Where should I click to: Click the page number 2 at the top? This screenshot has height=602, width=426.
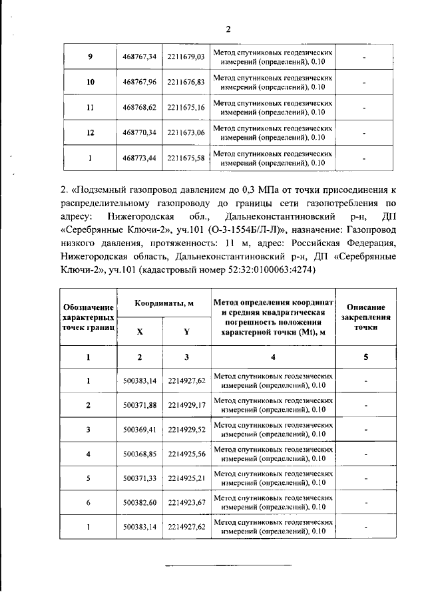tap(228, 29)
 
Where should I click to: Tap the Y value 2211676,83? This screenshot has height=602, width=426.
tap(186, 82)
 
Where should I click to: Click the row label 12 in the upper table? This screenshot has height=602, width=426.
tap(90, 133)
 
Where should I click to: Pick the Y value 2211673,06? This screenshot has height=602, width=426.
tap(186, 133)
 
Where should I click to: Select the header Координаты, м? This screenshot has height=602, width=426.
tap(164, 303)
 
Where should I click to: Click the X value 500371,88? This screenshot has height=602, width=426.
tap(140, 404)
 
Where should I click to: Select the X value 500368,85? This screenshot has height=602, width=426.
tap(140, 454)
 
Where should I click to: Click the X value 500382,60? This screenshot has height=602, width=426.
tap(140, 504)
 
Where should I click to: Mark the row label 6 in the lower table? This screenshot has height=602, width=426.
tap(89, 504)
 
